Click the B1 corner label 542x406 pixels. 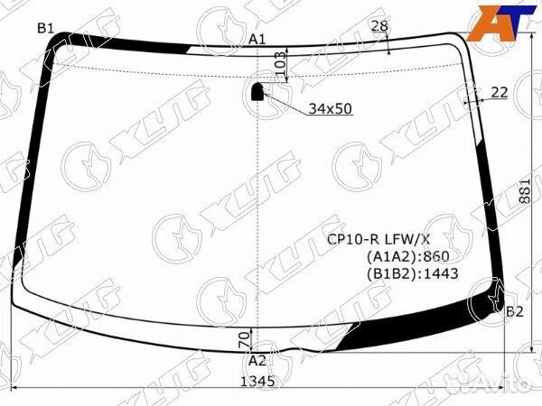(46, 28)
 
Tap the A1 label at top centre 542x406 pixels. (257, 40)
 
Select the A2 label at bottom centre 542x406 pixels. (257, 361)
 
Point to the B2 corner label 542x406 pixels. (515, 312)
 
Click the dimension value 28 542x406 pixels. (379, 26)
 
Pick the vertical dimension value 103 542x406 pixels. (280, 64)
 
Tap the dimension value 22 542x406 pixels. (500, 93)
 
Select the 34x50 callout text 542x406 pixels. (330, 109)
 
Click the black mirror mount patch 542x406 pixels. (257, 91)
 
